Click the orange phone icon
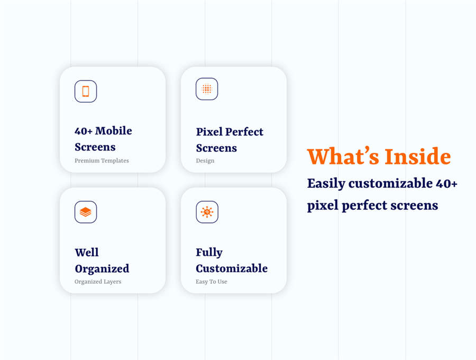[x=86, y=91]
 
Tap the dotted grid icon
[x=207, y=89]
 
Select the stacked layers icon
[x=86, y=212]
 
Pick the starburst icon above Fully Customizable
[x=207, y=212]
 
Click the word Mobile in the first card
[x=114, y=131]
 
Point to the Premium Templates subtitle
[x=102, y=160]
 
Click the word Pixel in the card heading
[x=209, y=131]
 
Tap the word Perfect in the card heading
[x=244, y=131]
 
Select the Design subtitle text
[x=205, y=161]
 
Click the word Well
[x=87, y=252]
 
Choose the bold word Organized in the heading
[x=102, y=269]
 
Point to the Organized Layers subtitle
[x=98, y=282]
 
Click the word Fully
[x=209, y=253]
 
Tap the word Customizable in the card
[x=232, y=268]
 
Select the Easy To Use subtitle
[x=212, y=282]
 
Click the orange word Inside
[x=418, y=157]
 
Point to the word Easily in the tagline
[x=326, y=184]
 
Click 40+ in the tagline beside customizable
[x=446, y=183]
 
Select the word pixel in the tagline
[x=323, y=205]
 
